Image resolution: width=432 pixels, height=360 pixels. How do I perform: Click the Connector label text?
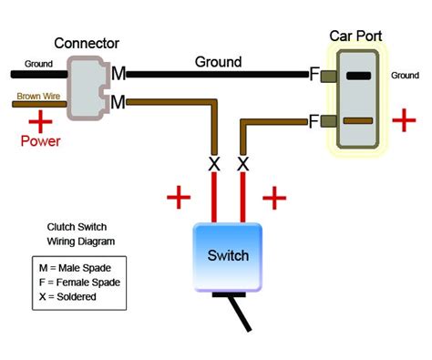pyautogui.click(x=87, y=43)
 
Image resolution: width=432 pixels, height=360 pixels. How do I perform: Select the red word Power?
pyautogui.click(x=41, y=141)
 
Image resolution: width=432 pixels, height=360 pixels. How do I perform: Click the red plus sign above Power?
pyautogui.click(x=39, y=121)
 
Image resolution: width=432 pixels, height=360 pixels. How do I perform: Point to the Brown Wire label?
pyautogui.click(x=36, y=95)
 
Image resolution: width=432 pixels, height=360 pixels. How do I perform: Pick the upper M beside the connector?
pyautogui.click(x=118, y=73)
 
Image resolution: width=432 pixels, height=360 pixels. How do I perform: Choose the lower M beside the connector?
pyautogui.click(x=118, y=103)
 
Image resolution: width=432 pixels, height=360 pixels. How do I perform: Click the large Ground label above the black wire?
pyautogui.click(x=219, y=62)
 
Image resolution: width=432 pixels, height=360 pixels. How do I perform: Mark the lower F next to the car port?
pyautogui.click(x=315, y=119)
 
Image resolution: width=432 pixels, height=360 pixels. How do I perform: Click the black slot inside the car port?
pyautogui.click(x=359, y=76)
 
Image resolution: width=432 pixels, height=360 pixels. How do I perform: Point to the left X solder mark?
pyautogui.click(x=215, y=164)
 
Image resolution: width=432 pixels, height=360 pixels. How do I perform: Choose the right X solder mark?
pyautogui.click(x=242, y=164)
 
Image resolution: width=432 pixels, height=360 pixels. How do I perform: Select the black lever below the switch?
pyautogui.click(x=239, y=314)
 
